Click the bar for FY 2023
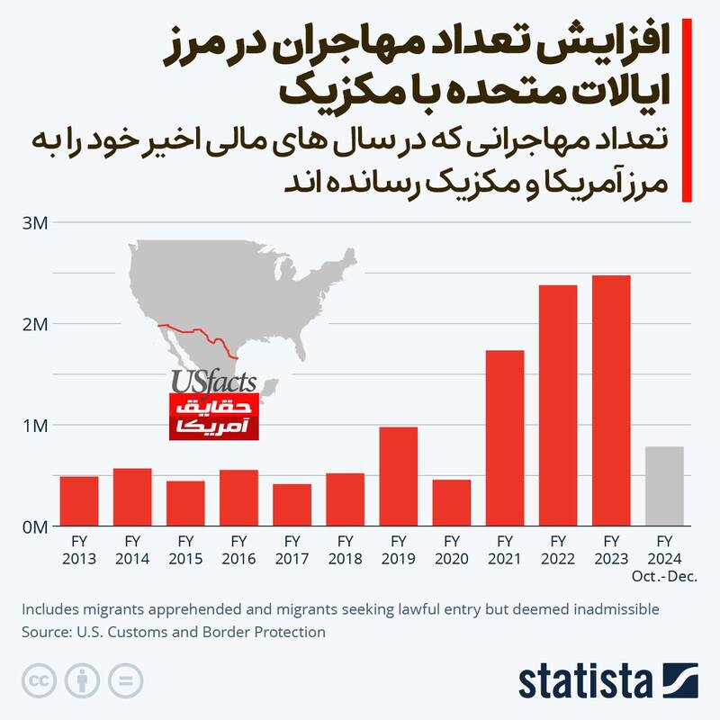pyautogui.click(x=611, y=400)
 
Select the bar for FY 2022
pyautogui.click(x=558, y=405)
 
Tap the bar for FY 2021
pyautogui.click(x=505, y=437)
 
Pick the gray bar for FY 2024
pyautogui.click(x=664, y=486)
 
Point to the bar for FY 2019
pyautogui.click(x=399, y=476)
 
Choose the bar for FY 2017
pyautogui.click(x=292, y=505)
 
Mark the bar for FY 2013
pyautogui.click(x=79, y=501)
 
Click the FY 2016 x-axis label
pyautogui.click(x=239, y=549)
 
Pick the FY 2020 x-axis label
pyautogui.click(x=452, y=549)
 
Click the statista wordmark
pyautogui.click(x=586, y=680)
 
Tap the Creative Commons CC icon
pyautogui.click(x=37, y=679)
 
